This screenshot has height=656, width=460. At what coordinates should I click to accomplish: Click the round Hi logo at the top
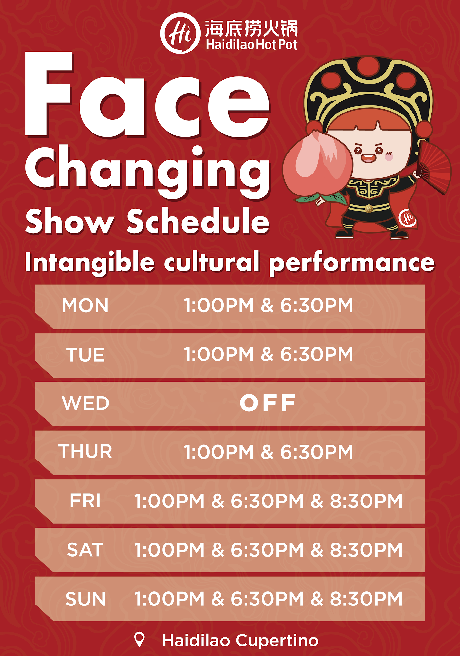pyautogui.click(x=180, y=33)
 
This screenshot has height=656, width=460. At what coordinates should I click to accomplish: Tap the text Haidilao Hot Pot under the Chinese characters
pyautogui.click(x=251, y=45)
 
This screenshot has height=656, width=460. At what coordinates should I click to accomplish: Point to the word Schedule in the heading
pyautogui.click(x=198, y=221)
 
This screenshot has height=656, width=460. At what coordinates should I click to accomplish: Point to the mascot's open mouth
pyautogui.click(x=368, y=158)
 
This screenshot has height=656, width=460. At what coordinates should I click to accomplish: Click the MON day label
pyautogui.click(x=85, y=306)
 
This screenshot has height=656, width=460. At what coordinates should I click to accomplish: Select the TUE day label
pyautogui.click(x=85, y=355)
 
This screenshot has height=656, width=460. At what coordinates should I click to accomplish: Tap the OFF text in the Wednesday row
pyautogui.click(x=268, y=403)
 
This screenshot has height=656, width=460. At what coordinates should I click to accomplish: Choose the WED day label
pyautogui.click(x=85, y=403)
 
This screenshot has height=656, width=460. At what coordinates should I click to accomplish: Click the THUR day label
pyautogui.click(x=85, y=451)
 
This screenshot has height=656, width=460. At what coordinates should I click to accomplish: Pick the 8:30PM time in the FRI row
pyautogui.click(x=366, y=501)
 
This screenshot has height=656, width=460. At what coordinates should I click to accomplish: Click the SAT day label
pyautogui.click(x=85, y=550)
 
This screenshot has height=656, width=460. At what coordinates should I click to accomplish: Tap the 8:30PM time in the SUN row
pyautogui.click(x=366, y=599)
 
